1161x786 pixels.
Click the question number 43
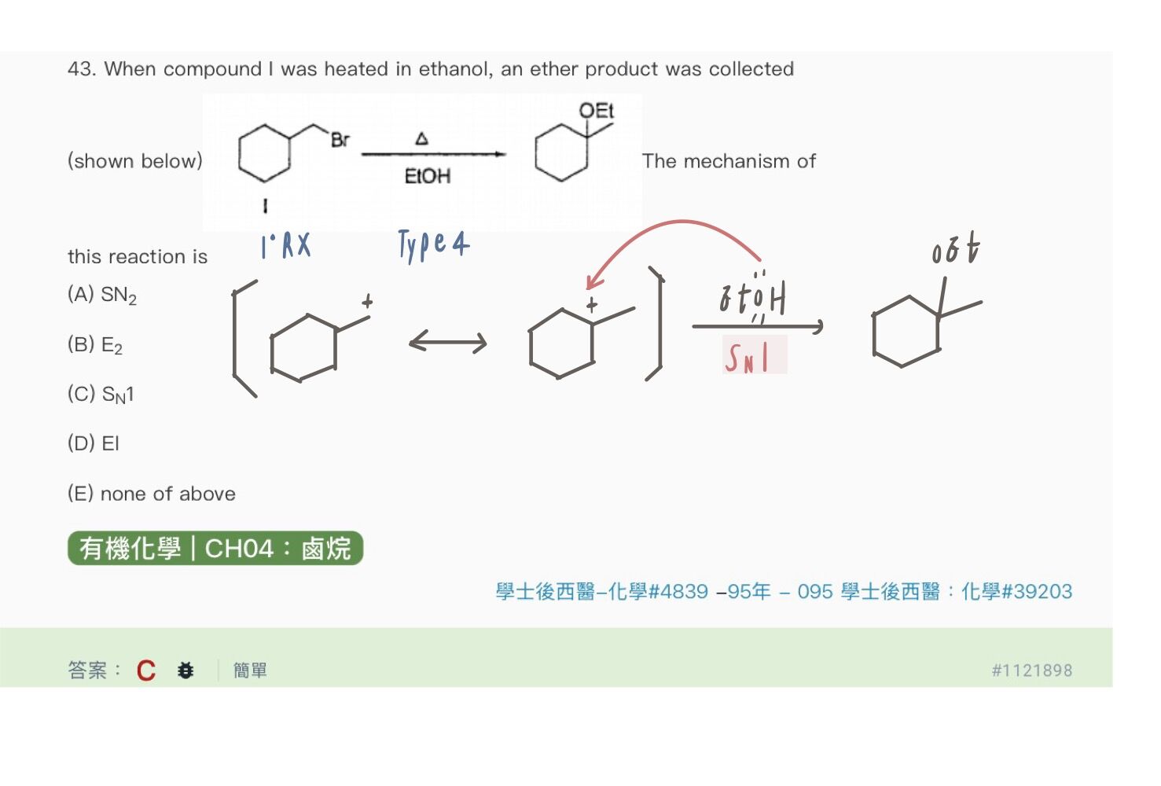[x=82, y=69]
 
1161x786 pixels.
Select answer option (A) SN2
[x=102, y=296]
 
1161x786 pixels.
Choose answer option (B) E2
[x=95, y=345]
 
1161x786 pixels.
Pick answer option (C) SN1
[x=101, y=395]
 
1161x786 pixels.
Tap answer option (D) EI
[x=94, y=443]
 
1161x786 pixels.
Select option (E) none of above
[x=152, y=494]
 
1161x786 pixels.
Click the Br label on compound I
[x=340, y=140]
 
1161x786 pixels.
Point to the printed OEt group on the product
[x=596, y=110]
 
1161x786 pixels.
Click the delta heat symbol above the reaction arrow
[x=422, y=138]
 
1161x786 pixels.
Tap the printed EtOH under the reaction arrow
[x=428, y=176]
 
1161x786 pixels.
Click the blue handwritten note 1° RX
[x=286, y=245]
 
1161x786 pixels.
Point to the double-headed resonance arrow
[x=448, y=342]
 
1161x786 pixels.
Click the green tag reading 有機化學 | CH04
[x=215, y=548]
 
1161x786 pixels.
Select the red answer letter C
[x=146, y=670]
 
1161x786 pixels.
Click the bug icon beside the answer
[x=185, y=670]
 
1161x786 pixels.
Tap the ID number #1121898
[x=1032, y=670]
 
